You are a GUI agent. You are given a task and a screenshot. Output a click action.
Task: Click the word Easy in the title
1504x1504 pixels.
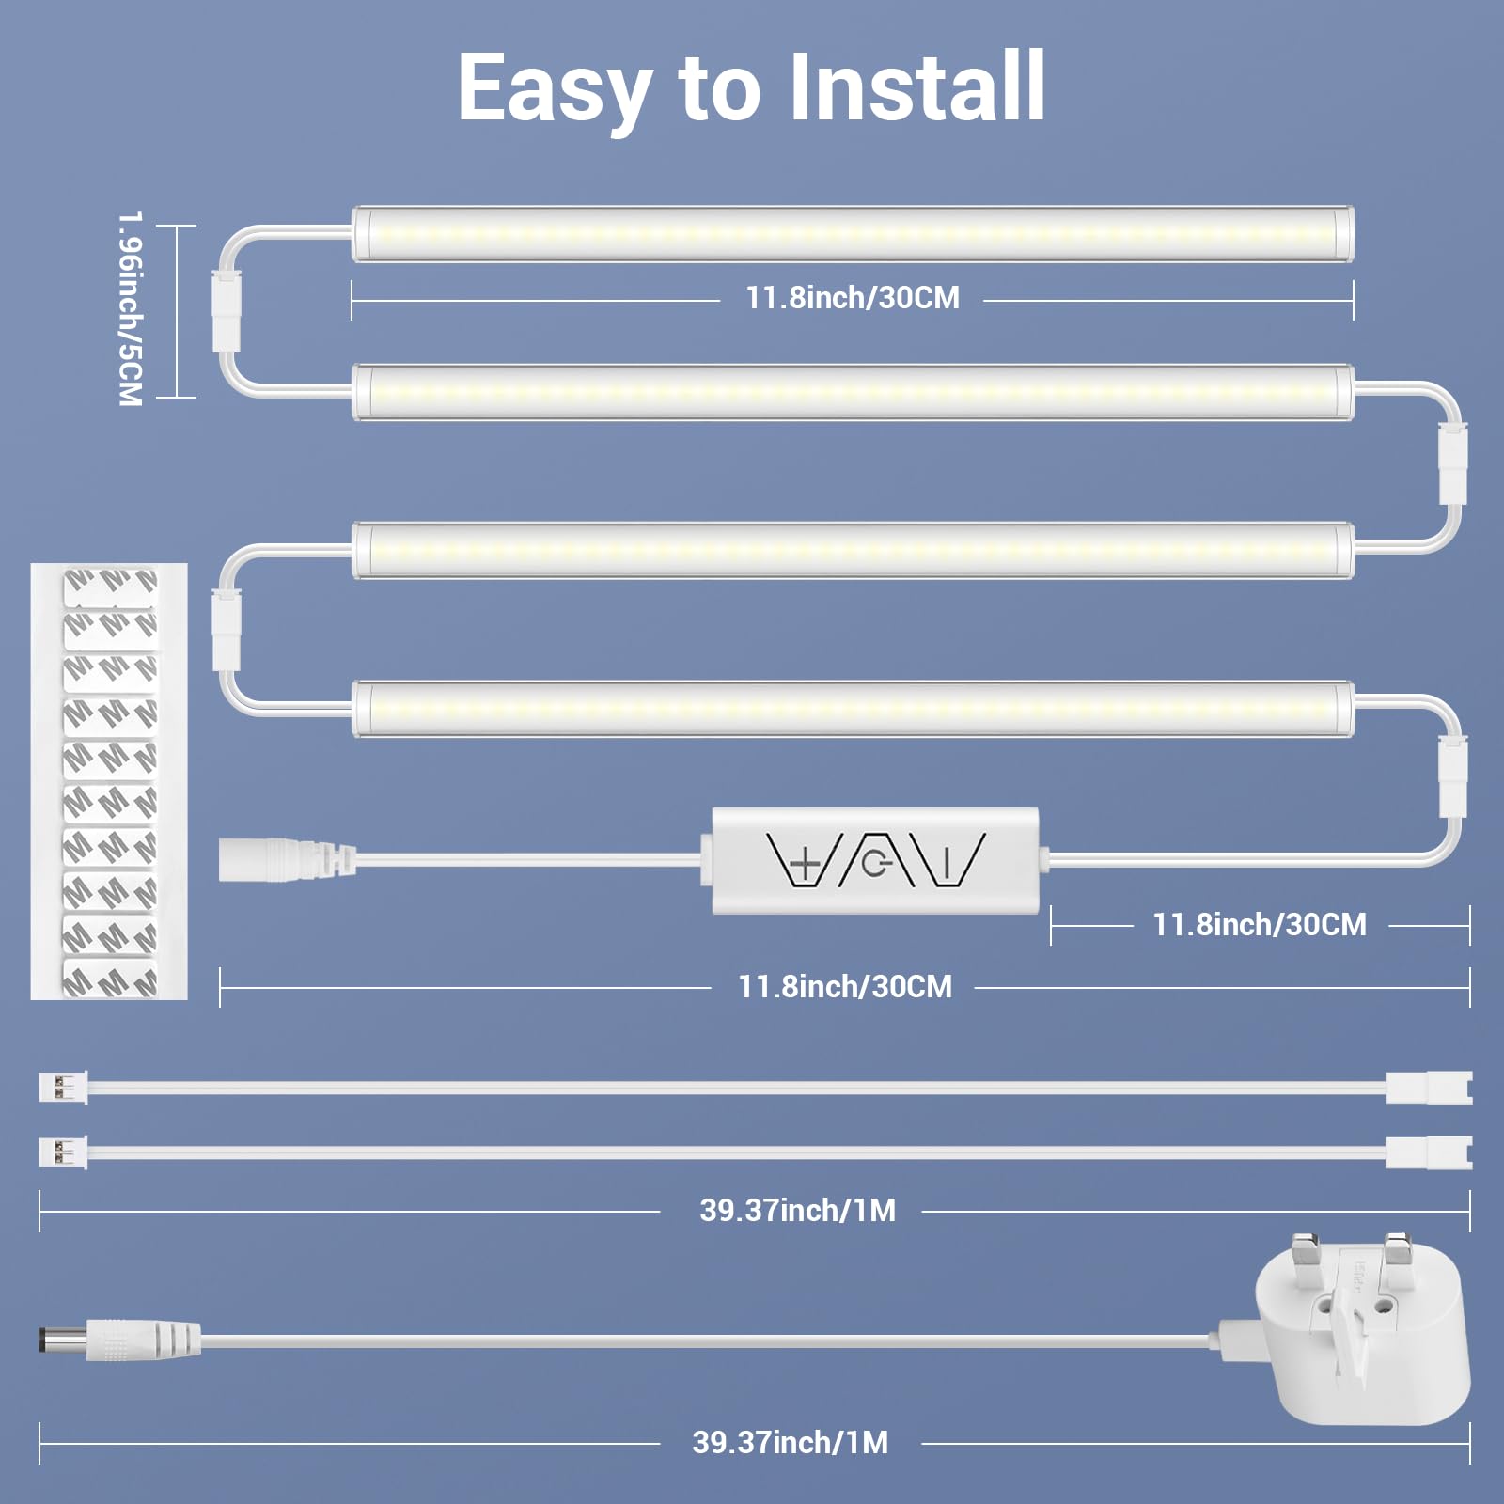pyautogui.click(x=555, y=89)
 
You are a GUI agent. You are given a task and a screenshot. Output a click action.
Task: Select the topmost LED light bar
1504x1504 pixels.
pyautogui.click(x=853, y=234)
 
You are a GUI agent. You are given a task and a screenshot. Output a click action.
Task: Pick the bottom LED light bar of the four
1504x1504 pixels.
pyautogui.click(x=853, y=709)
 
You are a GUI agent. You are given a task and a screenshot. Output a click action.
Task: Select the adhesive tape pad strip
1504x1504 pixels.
pyautogui.click(x=109, y=781)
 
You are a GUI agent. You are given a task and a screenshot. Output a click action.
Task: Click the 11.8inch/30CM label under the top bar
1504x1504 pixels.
pyautogui.click(x=852, y=298)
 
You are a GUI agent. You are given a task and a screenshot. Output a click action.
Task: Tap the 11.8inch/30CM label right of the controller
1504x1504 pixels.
pyautogui.click(x=1260, y=925)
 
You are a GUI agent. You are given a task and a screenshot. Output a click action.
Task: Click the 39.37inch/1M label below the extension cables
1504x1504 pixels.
pyautogui.click(x=797, y=1211)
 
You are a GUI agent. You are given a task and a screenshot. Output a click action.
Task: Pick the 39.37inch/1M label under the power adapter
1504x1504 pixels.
pyautogui.click(x=790, y=1443)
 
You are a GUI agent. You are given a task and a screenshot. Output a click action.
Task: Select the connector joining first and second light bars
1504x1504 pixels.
pyautogui.click(x=227, y=310)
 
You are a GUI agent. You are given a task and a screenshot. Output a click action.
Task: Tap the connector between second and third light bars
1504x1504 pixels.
pyautogui.click(x=1453, y=463)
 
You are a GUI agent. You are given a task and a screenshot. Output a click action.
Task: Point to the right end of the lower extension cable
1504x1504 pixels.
pyautogui.click(x=1429, y=1152)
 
